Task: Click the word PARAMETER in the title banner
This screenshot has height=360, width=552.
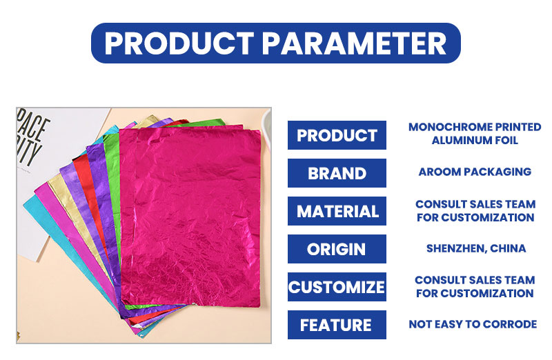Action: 354,43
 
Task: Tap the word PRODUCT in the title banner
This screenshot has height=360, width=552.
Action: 179,43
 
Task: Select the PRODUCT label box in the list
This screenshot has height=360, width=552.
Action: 337,135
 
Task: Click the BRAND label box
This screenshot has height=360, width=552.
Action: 337,173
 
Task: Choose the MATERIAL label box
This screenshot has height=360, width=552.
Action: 337,211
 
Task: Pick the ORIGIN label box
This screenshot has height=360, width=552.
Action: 337,249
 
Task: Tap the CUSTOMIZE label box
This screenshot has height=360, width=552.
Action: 337,287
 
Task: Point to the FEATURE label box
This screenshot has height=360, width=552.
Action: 337,325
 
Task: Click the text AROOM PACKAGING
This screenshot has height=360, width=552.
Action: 475,172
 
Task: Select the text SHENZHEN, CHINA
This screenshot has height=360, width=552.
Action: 476,248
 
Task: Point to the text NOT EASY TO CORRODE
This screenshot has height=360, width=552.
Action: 473,324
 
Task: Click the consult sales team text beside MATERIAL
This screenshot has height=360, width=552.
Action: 475,211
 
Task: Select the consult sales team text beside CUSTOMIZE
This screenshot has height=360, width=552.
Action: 475,286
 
